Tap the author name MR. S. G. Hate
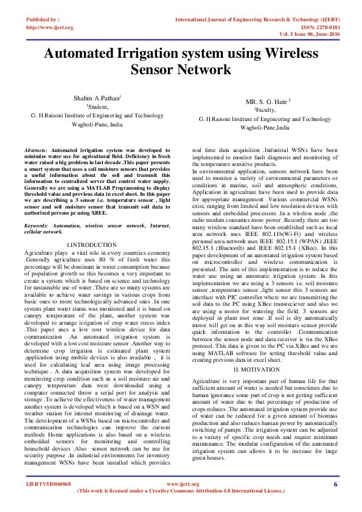point(268,101)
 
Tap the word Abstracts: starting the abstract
point(37,150)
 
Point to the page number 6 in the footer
point(335,484)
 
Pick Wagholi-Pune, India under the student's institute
point(97,123)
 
